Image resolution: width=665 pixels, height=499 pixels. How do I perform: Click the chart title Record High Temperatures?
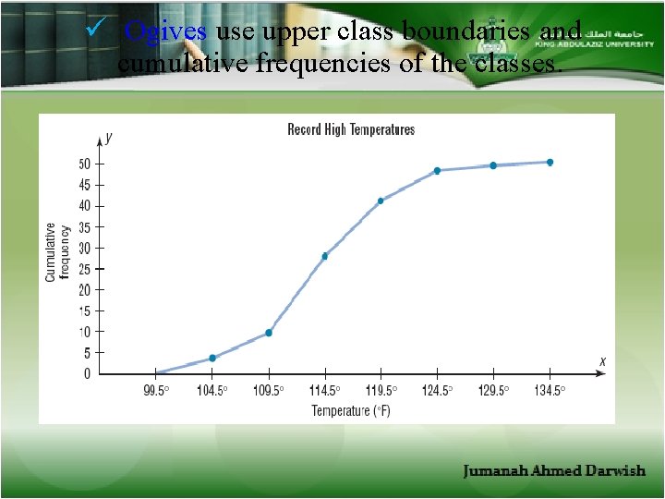pos(351,130)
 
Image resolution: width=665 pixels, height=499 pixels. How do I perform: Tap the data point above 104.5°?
pos(212,358)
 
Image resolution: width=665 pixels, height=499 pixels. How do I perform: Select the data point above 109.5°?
pos(269,333)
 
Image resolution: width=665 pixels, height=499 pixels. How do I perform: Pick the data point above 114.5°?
pos(325,256)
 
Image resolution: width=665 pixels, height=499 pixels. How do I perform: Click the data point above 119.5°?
pos(381,201)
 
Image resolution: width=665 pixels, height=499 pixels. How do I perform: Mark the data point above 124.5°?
pos(437,170)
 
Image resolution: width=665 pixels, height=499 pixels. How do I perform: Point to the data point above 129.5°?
pos(493,165)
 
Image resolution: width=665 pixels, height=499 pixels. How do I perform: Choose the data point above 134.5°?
pos(550,162)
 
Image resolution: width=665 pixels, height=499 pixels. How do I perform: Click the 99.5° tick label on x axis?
pos(155,391)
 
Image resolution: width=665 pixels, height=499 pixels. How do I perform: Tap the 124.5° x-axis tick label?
pos(437,391)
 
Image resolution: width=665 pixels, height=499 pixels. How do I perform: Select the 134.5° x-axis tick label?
pos(550,391)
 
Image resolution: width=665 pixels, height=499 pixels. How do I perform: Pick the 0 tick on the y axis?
pos(88,373)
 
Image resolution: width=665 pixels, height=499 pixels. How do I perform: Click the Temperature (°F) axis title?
pos(351,410)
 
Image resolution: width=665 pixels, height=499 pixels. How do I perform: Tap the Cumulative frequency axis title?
pos(57,251)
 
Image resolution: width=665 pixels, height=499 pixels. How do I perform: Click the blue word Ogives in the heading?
pos(165,31)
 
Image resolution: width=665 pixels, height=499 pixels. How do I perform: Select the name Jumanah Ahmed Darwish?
pos(554,471)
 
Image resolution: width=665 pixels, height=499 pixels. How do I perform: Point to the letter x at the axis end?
pos(602,361)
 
